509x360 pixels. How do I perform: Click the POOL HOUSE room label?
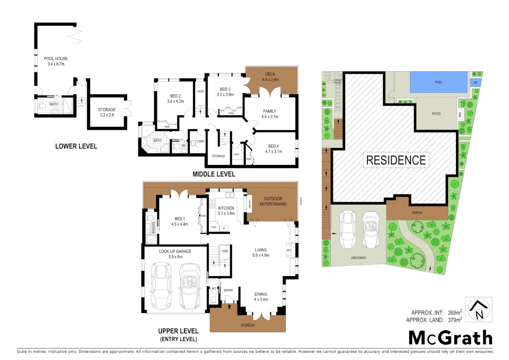(56, 59)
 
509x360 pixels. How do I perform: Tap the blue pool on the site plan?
(438, 82)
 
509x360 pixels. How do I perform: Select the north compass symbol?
(478, 310)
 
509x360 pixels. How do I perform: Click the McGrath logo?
(450, 338)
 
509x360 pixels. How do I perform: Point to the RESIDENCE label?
(396, 160)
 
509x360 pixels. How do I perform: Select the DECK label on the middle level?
(270, 74)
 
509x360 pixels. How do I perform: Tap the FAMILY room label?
(269, 111)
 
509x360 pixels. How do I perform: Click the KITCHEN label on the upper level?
(226, 208)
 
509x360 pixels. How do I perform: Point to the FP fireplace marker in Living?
(288, 250)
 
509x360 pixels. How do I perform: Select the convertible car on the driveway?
(371, 230)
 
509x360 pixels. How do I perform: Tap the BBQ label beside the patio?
(460, 114)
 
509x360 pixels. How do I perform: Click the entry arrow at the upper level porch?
(229, 306)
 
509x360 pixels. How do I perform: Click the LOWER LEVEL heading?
(76, 146)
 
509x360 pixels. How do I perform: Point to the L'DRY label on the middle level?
(201, 141)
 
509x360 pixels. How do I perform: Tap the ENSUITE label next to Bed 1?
(154, 227)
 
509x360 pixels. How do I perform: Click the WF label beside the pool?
(475, 83)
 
